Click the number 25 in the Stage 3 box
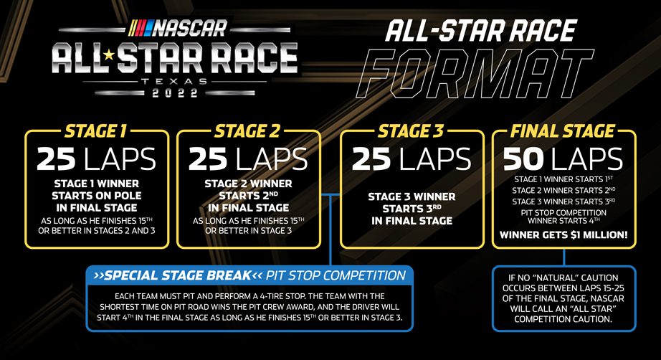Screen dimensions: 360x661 click(373, 160)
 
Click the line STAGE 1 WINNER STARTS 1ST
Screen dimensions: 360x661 click(563, 179)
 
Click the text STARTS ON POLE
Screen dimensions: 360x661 click(98, 195)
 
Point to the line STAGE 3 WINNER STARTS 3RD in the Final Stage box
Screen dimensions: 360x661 click(563, 202)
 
